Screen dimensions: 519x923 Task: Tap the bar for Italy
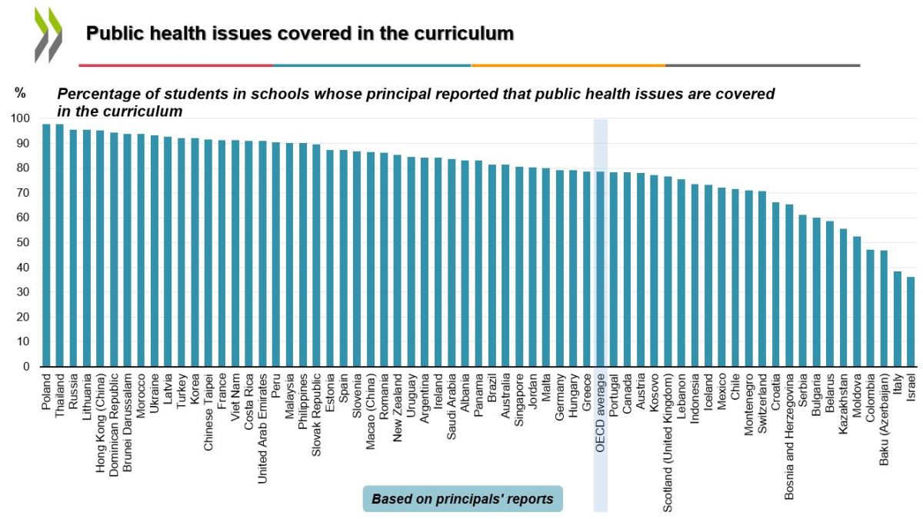(898, 318)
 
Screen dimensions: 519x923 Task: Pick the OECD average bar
(601, 268)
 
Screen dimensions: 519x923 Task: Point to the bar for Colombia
(871, 308)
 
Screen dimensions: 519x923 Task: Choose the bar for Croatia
(776, 284)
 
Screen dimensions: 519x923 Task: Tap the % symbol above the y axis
(20, 93)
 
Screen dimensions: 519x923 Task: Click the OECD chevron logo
(48, 35)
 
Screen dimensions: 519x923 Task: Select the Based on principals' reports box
(462, 499)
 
